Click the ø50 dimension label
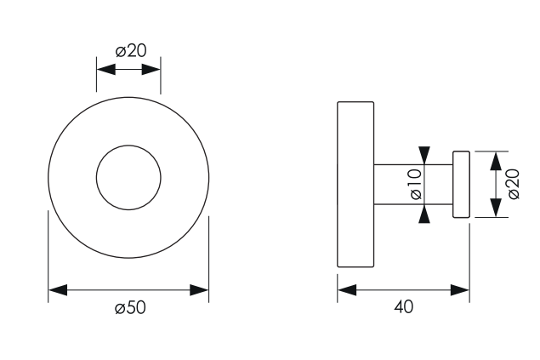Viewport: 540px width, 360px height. coord(130,307)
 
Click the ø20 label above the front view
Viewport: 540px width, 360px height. coord(131,51)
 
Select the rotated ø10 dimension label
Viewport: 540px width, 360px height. coord(417,184)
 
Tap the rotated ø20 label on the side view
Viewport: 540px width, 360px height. coord(514,184)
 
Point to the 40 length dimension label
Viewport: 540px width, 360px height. coord(404,306)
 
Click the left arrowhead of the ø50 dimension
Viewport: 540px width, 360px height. coord(58,290)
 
